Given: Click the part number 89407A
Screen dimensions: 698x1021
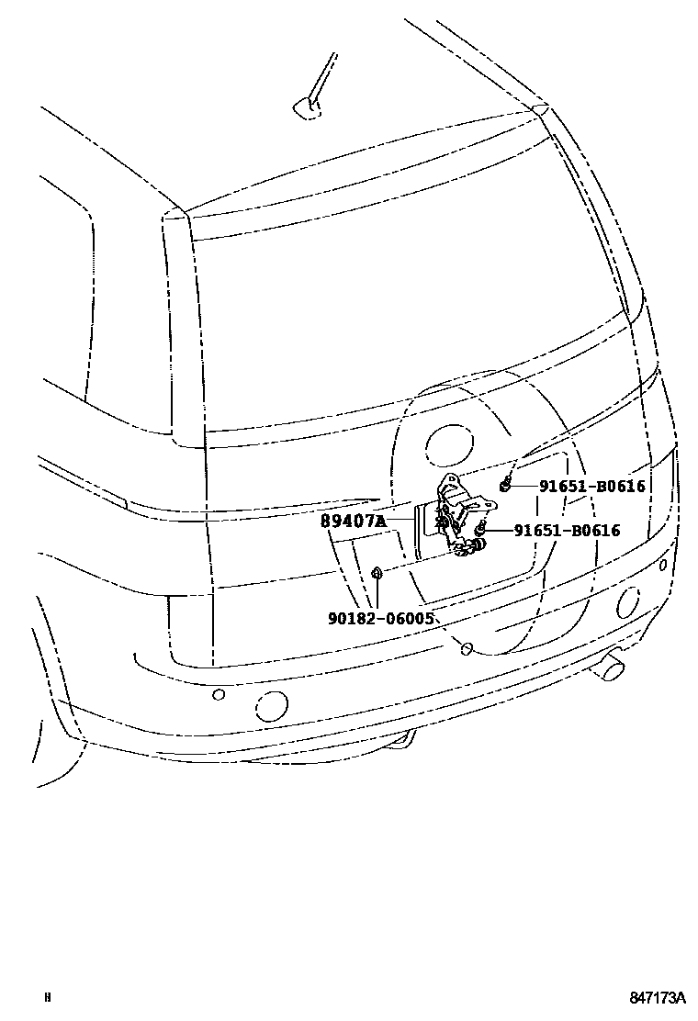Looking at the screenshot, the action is pos(352,522).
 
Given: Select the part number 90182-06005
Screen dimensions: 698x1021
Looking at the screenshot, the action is pos(380,618).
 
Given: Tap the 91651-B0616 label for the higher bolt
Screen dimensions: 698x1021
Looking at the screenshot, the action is pos(580,487).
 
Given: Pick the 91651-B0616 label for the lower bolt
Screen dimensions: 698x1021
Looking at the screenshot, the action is pos(567,530).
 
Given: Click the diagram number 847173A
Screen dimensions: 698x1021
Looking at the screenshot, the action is pos(658,997).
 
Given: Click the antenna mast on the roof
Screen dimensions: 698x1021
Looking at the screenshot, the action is pos(318,83).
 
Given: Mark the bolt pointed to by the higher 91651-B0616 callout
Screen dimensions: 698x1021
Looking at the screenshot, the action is pos(505,485).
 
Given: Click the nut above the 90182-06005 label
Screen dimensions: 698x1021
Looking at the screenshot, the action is pos(377,575).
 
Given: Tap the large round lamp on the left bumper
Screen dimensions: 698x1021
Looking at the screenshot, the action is pos(272,706).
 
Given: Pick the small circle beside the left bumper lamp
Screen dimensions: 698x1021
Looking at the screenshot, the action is pos(219,694).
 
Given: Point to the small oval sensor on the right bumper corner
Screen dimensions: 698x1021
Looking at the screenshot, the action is pos(663,565).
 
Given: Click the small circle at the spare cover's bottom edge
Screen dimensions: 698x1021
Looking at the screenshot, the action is pos(466,649).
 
